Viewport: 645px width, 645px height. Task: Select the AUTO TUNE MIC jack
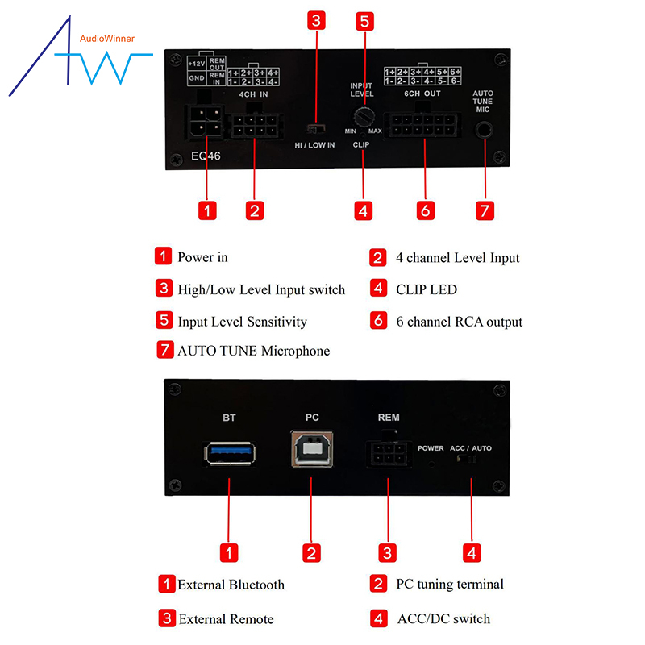[x=484, y=129]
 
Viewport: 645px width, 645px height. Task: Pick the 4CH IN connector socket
[x=256, y=127]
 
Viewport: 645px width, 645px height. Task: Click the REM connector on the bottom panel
[x=388, y=454]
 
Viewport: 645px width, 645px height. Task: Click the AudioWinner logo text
[x=107, y=38]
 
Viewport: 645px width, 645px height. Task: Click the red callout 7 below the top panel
[x=484, y=210]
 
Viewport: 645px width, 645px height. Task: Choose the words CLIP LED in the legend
[x=427, y=289]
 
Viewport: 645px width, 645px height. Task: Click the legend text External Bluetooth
[x=231, y=585]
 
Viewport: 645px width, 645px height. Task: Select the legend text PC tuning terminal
[x=449, y=584]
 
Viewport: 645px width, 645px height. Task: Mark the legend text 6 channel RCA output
[x=459, y=322]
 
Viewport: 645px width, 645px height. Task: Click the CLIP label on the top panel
[x=362, y=145]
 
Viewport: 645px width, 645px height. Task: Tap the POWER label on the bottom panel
[x=431, y=447]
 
